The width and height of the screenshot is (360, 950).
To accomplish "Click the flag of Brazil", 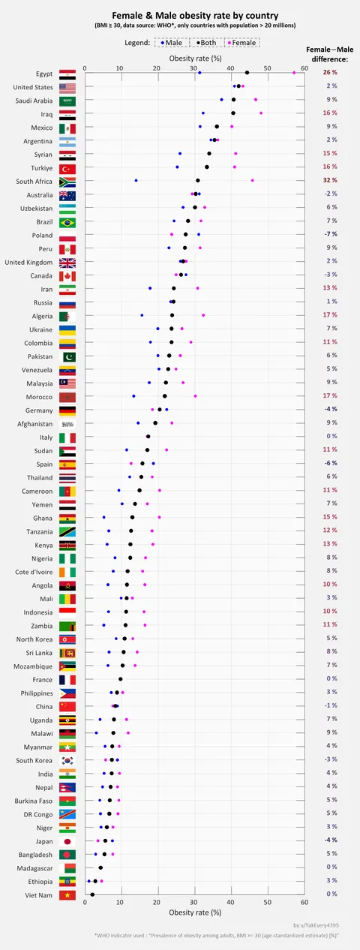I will (x=67, y=222).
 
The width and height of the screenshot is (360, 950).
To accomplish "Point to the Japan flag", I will (x=67, y=840).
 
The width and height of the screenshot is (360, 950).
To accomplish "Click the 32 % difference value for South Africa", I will (x=330, y=180).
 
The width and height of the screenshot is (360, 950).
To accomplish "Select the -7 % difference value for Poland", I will (x=330, y=234).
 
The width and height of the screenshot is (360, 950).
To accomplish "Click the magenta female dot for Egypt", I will (x=293, y=73).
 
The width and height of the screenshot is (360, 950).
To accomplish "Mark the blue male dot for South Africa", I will (x=136, y=180).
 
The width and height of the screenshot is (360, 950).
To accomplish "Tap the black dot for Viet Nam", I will (x=92, y=894).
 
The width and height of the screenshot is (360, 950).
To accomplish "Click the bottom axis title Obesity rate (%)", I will (x=195, y=912).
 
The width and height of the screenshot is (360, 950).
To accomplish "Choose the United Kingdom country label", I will (x=28, y=262).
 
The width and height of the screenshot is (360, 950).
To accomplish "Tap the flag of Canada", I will (x=67, y=275).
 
